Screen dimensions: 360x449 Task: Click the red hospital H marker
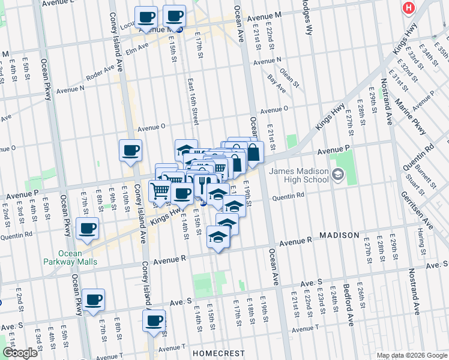click(409, 8)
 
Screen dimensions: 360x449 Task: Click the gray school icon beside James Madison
click(337, 175)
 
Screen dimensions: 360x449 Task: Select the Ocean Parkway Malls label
click(70, 257)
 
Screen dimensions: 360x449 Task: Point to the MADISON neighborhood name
click(339, 236)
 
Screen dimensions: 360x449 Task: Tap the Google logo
click(19, 353)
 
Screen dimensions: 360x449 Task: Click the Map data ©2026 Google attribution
click(412, 355)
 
